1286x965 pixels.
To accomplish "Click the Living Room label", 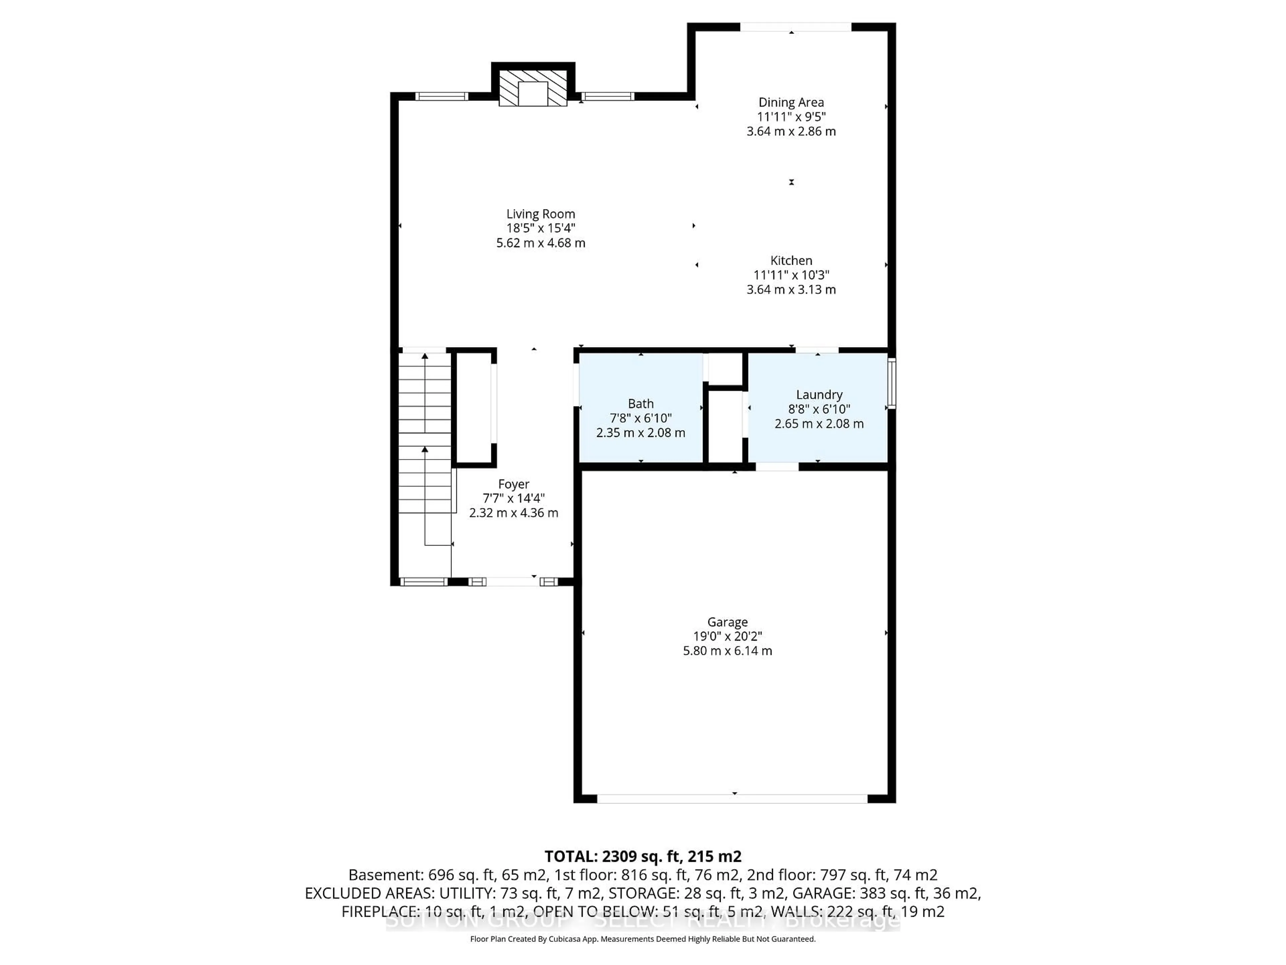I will pos(540,214).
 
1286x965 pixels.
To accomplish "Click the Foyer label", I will pos(513,484).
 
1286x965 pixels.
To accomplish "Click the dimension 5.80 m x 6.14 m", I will pos(727,651).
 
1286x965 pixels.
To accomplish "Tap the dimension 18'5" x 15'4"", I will pos(540,229).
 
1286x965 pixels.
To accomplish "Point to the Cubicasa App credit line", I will pos(642,939).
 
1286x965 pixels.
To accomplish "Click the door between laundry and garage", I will pos(777,466).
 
